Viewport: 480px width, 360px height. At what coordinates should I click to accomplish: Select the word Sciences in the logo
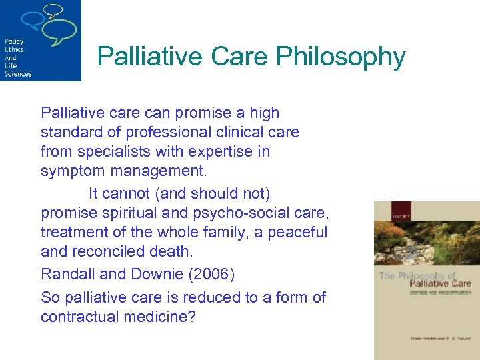coord(18,73)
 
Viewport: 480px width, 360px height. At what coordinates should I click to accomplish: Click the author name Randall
coord(67,274)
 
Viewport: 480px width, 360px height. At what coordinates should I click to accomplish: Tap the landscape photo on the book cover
coord(427,237)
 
